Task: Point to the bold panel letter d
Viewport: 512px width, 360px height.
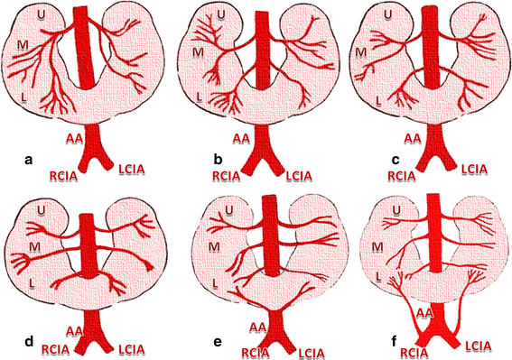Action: click(29, 341)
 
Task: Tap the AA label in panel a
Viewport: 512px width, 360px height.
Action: click(77, 138)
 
